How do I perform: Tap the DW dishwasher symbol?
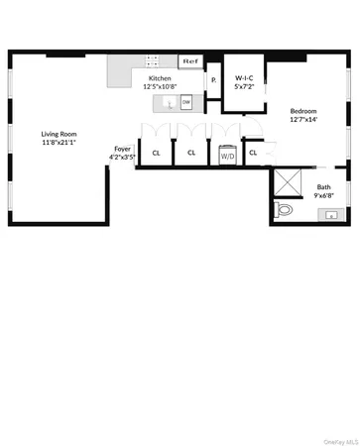[x=185, y=101]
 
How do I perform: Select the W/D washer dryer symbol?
[x=227, y=156]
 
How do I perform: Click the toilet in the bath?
[x=285, y=210]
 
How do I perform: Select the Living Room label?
[x=60, y=133]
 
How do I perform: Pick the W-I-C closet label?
[x=243, y=76]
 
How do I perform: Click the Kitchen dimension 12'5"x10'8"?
[x=162, y=86]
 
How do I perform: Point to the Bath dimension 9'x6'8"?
[x=324, y=196]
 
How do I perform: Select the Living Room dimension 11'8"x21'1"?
[x=60, y=143]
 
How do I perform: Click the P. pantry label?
[x=213, y=79]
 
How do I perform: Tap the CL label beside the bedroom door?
[x=253, y=153]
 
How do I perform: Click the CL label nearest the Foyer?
[x=156, y=154]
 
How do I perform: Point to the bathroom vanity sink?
[x=332, y=214]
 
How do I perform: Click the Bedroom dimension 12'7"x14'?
[x=303, y=120]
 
